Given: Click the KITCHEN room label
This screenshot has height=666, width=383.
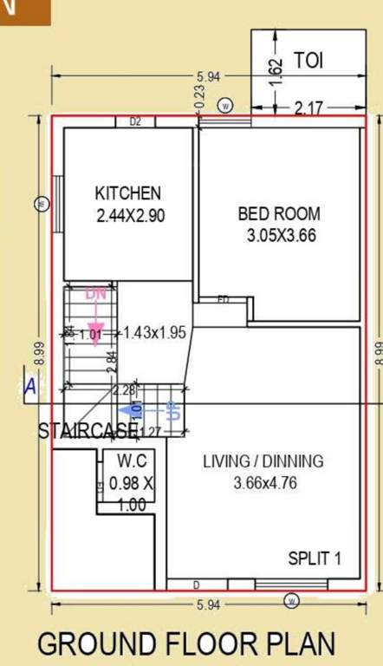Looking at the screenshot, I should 127,193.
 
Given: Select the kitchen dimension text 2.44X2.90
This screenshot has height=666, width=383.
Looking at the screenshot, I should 130,216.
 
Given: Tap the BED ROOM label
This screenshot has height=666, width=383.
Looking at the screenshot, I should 279,213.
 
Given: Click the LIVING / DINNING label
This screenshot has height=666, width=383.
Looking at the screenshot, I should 263,461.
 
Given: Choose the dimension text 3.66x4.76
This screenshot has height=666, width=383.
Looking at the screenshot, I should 265,483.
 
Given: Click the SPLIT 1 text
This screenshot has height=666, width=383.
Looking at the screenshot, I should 315,558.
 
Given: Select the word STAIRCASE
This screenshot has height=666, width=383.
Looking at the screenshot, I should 88,431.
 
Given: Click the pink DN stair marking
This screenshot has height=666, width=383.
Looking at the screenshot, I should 96,295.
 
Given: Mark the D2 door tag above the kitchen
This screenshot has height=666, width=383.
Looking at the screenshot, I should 135,122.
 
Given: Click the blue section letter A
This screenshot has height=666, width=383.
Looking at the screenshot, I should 29,388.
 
